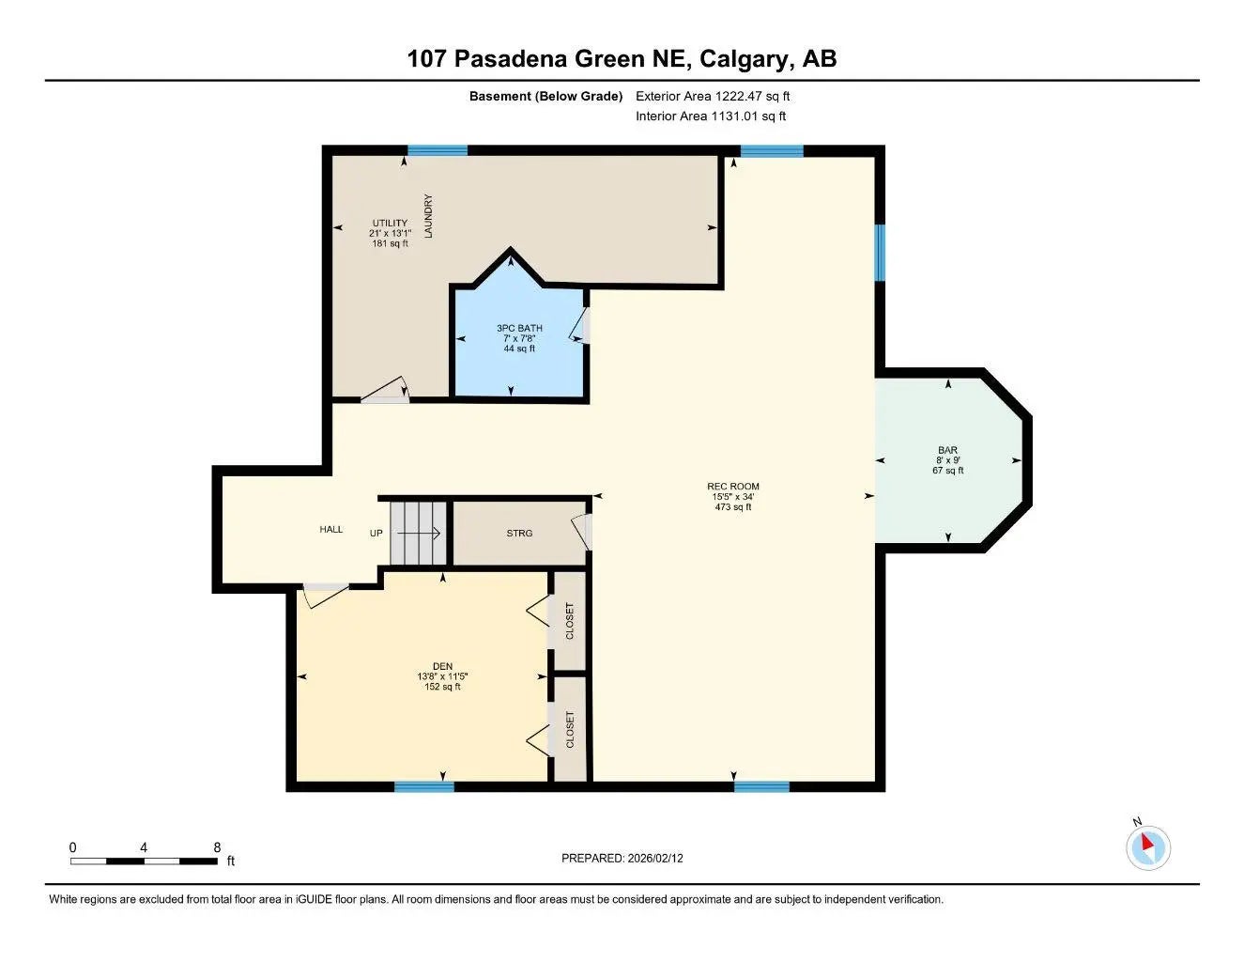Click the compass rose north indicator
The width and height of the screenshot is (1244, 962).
coord(1147,847)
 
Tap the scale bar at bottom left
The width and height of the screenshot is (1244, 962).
coord(144,860)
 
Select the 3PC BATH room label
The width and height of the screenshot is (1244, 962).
coord(519,338)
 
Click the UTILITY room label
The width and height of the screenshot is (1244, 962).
coord(390,233)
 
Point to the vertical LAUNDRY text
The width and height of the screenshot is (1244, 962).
coord(429,216)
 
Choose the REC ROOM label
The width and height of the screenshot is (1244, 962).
coord(733,496)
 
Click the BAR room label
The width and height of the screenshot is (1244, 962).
coord(947,460)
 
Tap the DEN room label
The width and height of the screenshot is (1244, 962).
coord(442,676)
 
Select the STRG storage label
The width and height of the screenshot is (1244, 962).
coord(519,533)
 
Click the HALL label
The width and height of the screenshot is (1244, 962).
coord(331,530)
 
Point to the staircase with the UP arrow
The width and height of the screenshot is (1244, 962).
coord(419,533)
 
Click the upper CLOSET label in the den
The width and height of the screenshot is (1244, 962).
coord(569,621)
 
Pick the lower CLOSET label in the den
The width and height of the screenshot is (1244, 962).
coord(569,730)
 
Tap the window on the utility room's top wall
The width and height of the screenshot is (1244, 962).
coord(438,150)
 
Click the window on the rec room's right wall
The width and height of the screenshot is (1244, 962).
coord(880,253)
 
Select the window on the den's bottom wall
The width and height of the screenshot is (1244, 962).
coord(424,786)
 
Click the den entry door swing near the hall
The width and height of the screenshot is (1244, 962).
coord(323,594)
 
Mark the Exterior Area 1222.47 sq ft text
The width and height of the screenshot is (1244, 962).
coord(713,96)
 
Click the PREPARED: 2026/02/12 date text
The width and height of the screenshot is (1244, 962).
coord(622,858)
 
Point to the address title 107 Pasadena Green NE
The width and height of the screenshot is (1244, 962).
coord(622,58)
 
